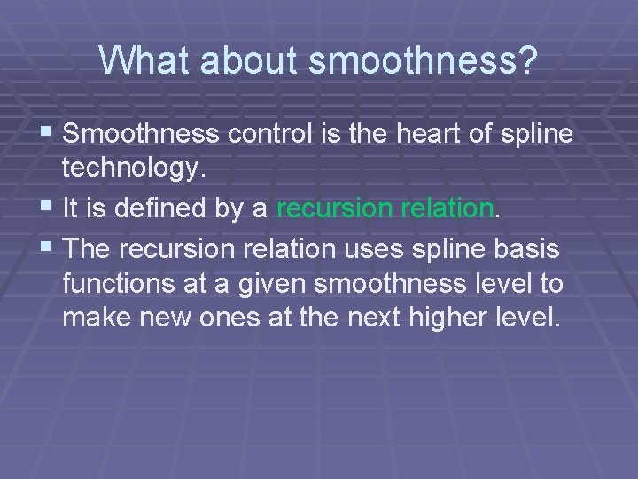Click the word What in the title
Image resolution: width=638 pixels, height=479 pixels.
tap(144, 60)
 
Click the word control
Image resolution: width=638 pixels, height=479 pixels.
tap(265, 134)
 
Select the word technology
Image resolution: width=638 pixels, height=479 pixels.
tap(133, 167)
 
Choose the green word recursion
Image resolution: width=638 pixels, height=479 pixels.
tap(332, 208)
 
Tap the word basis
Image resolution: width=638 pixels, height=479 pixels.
tap(529, 250)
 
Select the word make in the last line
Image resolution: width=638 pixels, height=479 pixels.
tap(95, 318)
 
